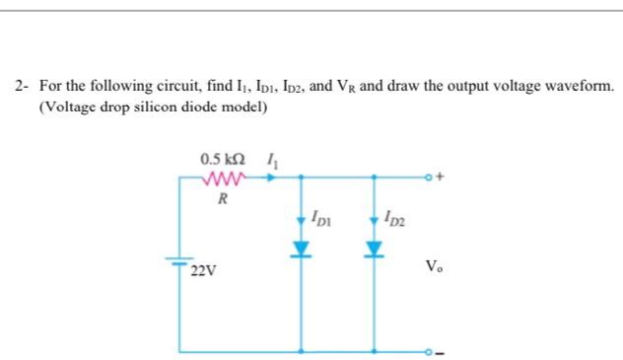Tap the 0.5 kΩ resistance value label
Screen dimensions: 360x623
[x=218, y=160]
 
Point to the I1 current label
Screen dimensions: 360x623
[x=271, y=160]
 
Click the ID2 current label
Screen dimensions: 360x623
[x=391, y=216]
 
